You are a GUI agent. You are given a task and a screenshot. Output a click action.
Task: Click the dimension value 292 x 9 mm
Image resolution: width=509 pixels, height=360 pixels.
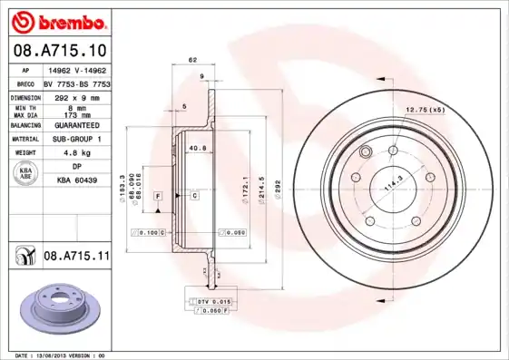[x=76, y=96]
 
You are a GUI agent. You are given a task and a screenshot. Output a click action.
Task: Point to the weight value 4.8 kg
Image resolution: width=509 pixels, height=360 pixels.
[x=76, y=153]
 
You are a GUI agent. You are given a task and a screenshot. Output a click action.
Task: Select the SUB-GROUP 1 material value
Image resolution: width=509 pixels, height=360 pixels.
[x=76, y=139]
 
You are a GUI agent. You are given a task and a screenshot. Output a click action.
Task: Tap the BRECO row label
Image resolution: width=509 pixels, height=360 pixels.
[x=24, y=82]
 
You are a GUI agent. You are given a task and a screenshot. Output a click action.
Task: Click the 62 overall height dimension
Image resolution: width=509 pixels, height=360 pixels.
[x=191, y=61]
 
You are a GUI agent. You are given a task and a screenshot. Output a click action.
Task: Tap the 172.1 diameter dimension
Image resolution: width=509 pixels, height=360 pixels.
[x=245, y=185]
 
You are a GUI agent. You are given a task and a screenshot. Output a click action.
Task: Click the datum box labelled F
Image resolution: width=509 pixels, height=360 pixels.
[x=157, y=196]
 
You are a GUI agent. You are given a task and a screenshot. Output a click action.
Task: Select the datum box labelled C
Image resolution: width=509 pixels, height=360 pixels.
[x=194, y=196]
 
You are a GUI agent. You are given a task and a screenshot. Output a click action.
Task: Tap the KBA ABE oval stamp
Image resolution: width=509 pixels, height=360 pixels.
[x=25, y=174]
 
